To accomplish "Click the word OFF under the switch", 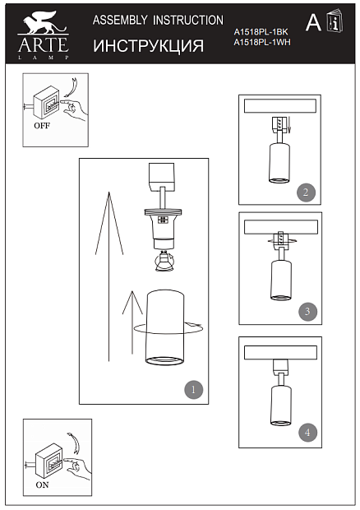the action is tap(42, 126).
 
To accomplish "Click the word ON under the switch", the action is tap(42, 485).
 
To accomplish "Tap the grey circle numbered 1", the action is tap(194, 390).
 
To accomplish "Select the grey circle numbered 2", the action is tap(306, 192).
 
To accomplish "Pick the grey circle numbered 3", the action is tap(307, 312).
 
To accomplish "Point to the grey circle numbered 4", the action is tap(307, 432).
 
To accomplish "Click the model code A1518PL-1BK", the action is tap(261, 32).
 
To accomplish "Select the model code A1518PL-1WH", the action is tap(262, 42).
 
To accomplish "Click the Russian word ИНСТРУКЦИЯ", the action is tap(149, 46).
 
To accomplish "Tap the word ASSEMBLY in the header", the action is tap(120, 21).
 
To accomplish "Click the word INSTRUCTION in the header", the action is tap(188, 21).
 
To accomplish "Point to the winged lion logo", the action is tap(44, 22).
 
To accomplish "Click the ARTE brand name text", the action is tap(44, 44).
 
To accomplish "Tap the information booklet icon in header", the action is tap(335, 21).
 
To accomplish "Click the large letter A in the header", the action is tap(313, 22).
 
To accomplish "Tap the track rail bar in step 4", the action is tap(281, 353).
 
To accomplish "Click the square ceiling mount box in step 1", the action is tap(161, 177).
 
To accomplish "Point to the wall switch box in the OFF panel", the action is tap(47, 103).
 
